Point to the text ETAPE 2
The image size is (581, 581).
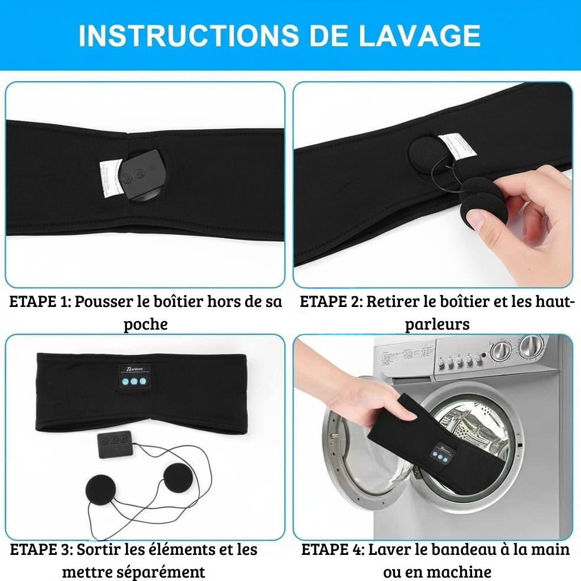tap(329, 302)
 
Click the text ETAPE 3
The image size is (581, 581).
tap(40, 550)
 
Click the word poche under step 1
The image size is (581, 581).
tap(146, 325)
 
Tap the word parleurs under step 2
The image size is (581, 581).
tap(437, 325)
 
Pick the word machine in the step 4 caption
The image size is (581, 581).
tap(460, 571)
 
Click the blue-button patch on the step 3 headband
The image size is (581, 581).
tap(135, 377)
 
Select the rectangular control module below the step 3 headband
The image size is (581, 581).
tap(115, 443)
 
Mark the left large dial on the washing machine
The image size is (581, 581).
tap(502, 350)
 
